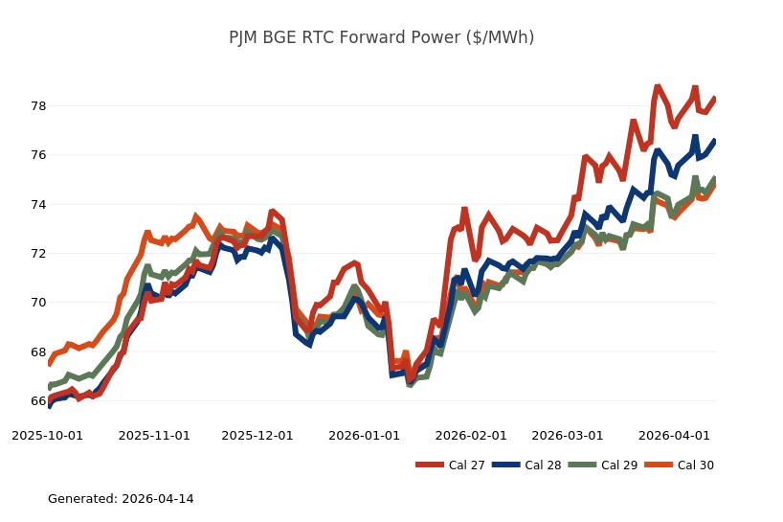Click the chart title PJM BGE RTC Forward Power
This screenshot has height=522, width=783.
381,37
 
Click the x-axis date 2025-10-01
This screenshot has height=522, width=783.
47,435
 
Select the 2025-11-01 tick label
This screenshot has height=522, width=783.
154,435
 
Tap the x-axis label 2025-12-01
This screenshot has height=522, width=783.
257,435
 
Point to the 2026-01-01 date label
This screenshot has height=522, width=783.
365,435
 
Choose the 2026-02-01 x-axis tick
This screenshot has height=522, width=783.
471,435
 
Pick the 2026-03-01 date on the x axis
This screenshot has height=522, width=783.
568,435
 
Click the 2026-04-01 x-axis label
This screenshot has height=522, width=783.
675,435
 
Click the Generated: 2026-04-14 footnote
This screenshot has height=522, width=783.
121,499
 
